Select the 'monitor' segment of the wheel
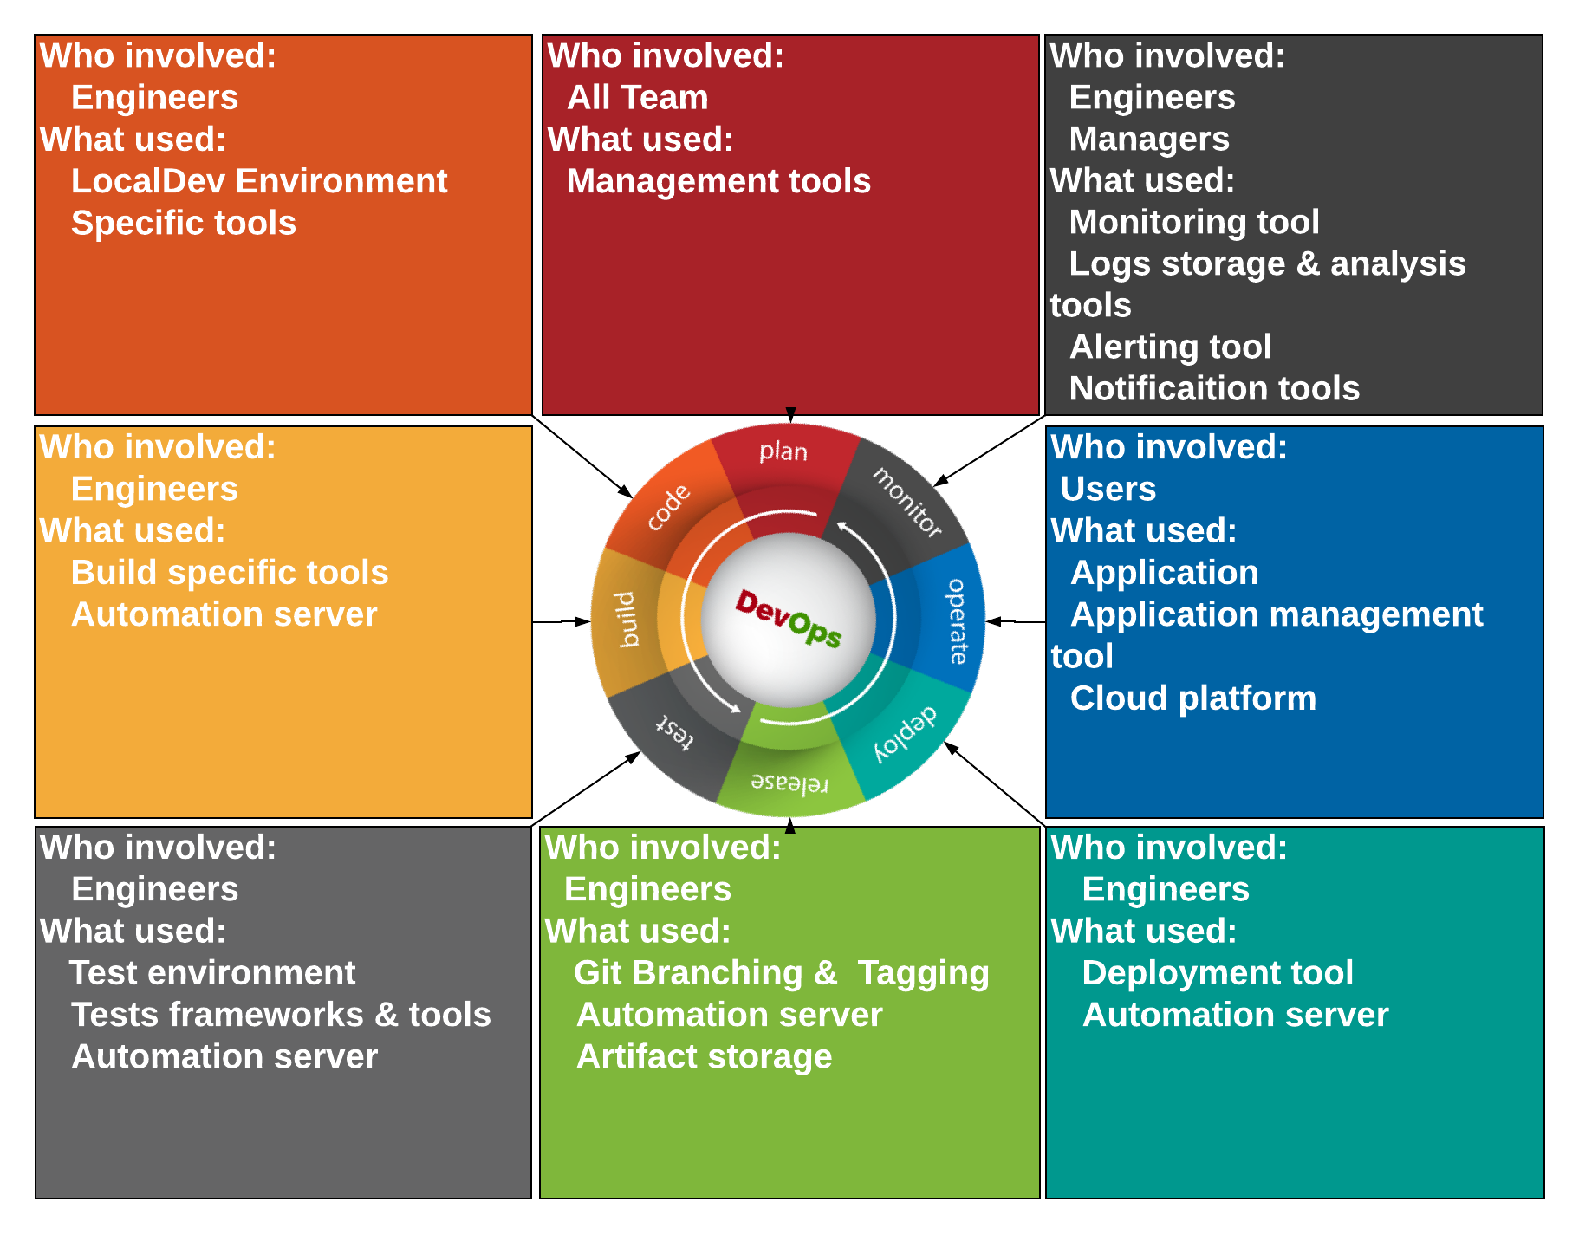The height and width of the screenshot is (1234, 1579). (x=901, y=503)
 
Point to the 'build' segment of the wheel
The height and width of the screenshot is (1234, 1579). (x=637, y=620)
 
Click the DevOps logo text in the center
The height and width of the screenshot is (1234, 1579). (x=789, y=619)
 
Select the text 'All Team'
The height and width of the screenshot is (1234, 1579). (x=638, y=97)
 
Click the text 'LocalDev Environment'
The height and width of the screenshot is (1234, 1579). (x=259, y=181)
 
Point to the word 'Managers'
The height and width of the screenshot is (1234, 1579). (x=1149, y=140)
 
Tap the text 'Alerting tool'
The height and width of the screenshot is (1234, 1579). (x=1171, y=347)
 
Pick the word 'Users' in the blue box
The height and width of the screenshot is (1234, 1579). (x=1108, y=489)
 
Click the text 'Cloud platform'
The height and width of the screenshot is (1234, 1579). (x=1193, y=698)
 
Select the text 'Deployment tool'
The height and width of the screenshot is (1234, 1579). (x=1218, y=973)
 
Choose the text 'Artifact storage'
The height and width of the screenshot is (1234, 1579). (x=705, y=1056)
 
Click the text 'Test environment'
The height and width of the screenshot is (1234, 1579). (x=212, y=973)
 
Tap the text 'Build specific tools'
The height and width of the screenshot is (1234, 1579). (x=230, y=573)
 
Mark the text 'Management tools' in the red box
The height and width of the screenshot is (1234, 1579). (x=718, y=181)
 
